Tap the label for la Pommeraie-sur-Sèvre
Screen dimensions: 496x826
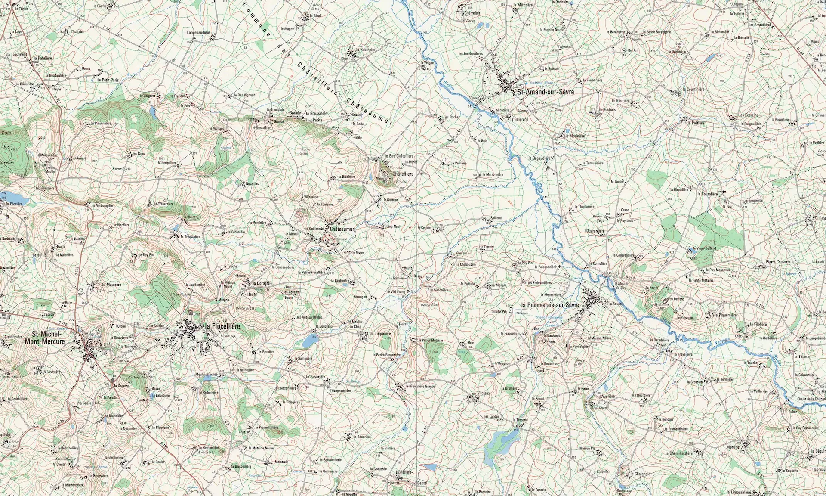(550, 305)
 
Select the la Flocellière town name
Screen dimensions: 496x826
(222, 326)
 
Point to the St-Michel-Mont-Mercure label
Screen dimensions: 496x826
(49, 338)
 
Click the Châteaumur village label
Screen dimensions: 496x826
(342, 229)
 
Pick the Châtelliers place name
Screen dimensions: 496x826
(402, 174)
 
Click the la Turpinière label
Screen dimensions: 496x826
(381, 333)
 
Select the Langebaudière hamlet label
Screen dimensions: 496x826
(198, 32)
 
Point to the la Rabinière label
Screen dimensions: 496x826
(364, 50)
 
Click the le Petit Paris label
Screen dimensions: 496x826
(108, 80)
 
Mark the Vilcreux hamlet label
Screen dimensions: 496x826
(483, 393)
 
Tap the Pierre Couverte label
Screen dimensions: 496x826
(778, 262)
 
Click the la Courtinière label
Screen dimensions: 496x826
(692, 89)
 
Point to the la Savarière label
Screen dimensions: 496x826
(315, 377)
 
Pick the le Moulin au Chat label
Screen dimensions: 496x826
(357, 324)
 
